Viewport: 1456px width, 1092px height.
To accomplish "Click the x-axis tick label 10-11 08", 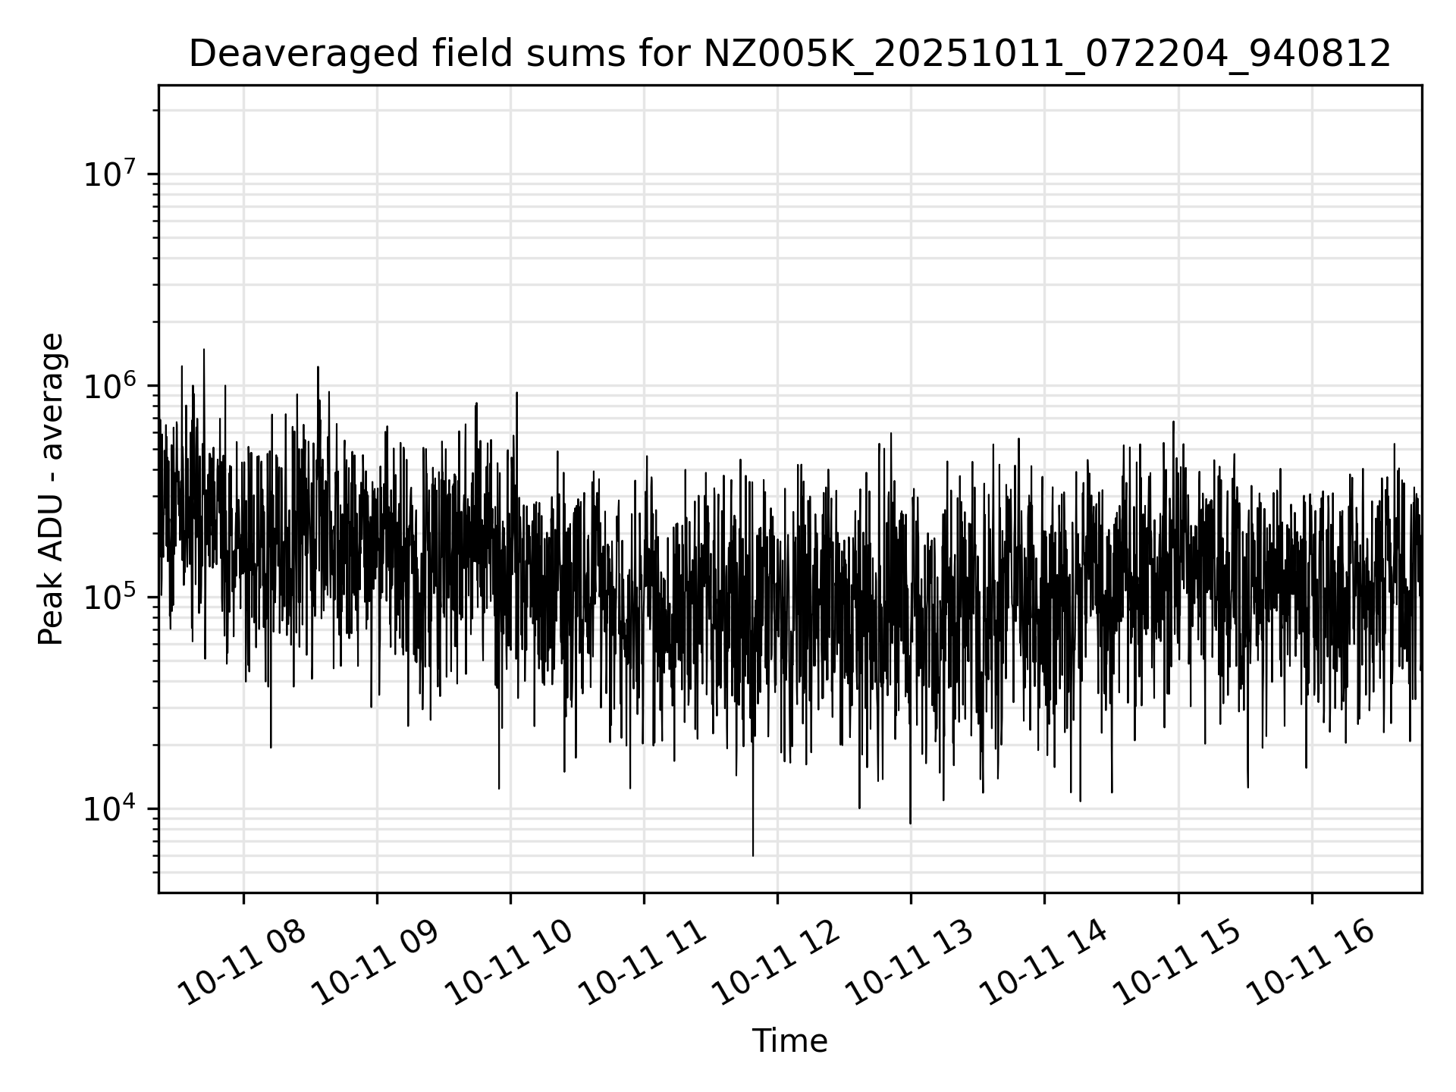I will pyautogui.click(x=240, y=962).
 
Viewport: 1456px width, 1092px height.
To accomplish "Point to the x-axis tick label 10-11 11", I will pyautogui.click(x=642, y=962).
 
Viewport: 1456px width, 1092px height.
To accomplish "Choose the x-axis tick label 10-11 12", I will pyautogui.click(x=775, y=962).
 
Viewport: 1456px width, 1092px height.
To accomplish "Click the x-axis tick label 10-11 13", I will pyautogui.click(x=908, y=962).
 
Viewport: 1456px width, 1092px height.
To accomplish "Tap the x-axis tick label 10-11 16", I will pyautogui.click(x=1310, y=962).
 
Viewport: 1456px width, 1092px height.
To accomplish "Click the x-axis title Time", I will pyautogui.click(x=789, y=1041).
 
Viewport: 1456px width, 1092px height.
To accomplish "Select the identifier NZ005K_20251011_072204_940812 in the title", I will pyautogui.click(x=1047, y=54).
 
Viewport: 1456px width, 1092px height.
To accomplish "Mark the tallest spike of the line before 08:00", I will pyautogui.click(x=203, y=350).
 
